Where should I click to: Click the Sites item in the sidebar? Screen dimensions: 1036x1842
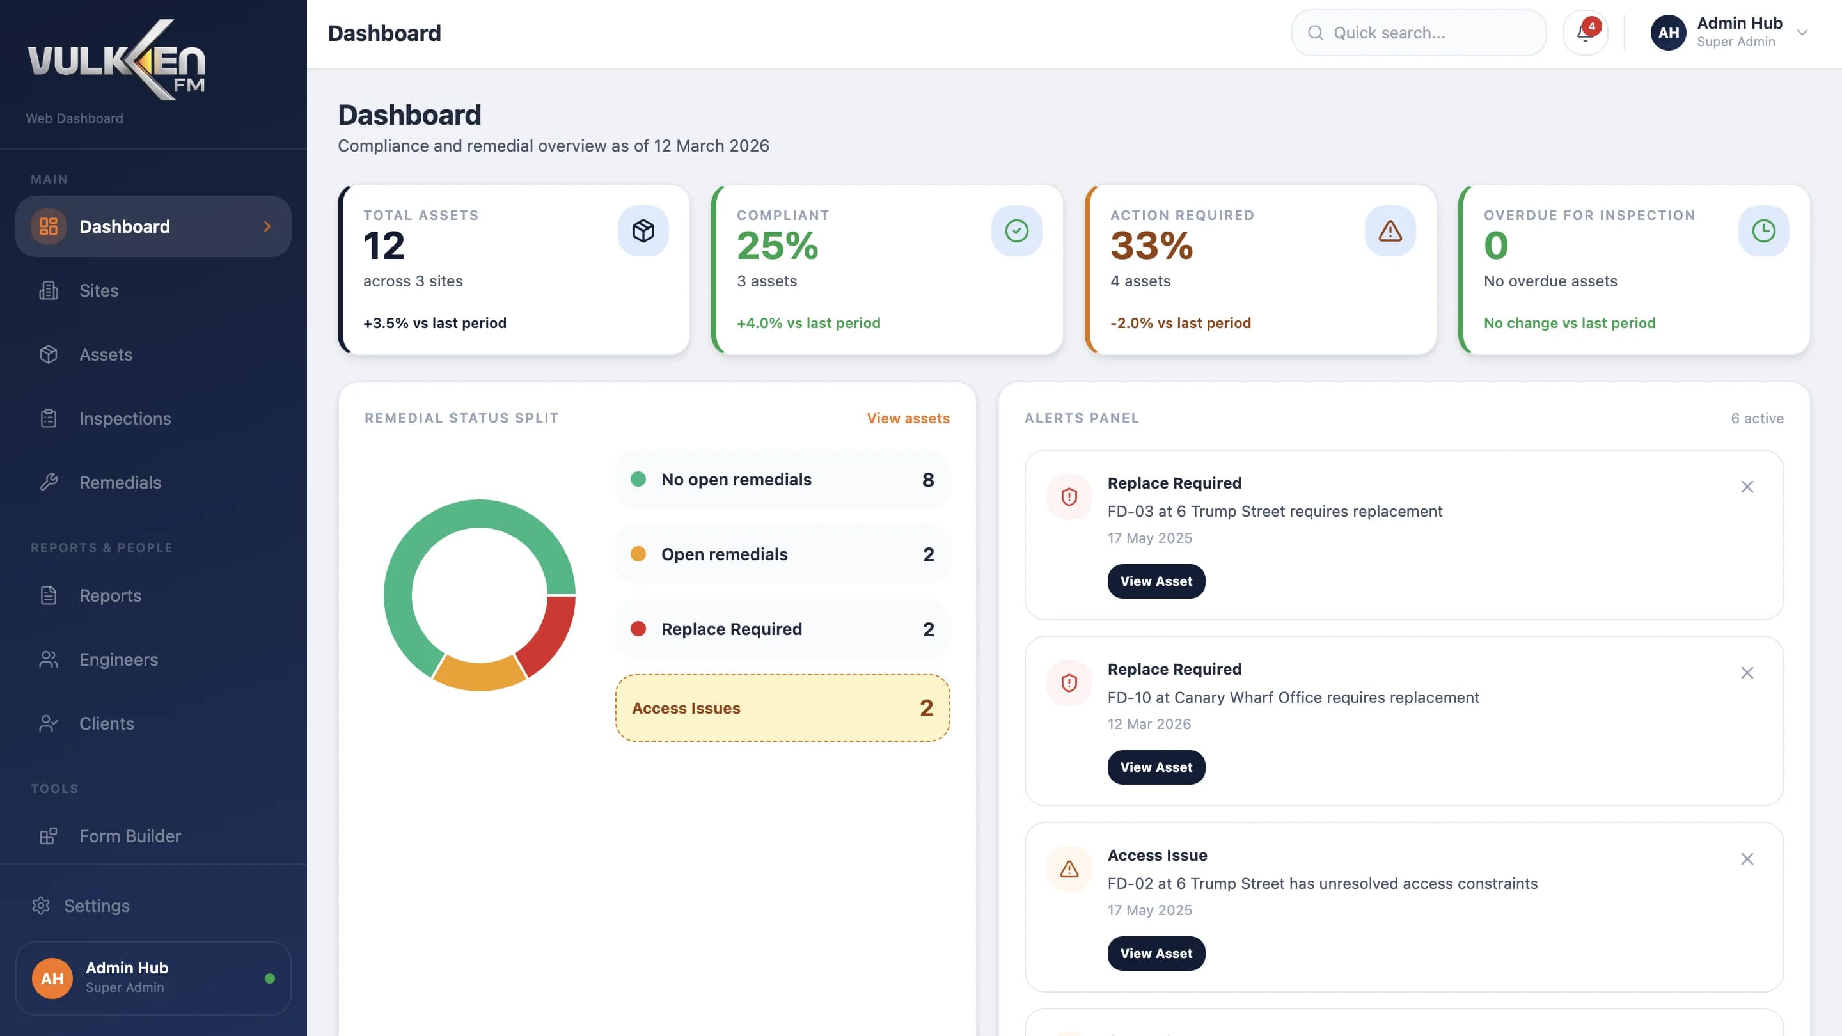[98, 290]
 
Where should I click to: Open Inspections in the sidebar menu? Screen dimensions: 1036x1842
[125, 418]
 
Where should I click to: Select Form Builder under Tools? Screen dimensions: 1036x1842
[129, 836]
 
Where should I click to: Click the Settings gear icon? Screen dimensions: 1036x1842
[41, 905]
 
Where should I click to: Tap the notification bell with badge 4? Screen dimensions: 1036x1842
[1585, 33]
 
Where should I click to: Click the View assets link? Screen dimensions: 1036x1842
[908, 418]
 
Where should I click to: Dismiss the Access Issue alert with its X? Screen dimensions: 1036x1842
[1747, 859]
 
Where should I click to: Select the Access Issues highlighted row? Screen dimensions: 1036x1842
[782, 708]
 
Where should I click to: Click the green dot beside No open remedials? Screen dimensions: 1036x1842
[638, 479]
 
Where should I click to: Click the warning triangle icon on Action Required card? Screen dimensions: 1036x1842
[1390, 231]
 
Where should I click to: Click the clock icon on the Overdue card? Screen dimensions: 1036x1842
[1763, 231]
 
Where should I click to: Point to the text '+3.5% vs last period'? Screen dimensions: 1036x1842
[435, 323]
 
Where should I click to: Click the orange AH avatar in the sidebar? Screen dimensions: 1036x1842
[52, 978]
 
